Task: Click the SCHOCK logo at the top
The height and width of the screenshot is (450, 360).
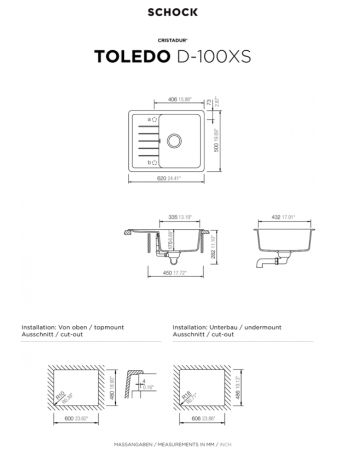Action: [x=179, y=12]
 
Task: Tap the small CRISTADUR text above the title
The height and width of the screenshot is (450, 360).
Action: [x=179, y=41]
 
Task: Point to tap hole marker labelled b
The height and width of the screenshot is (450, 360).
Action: [x=151, y=161]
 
